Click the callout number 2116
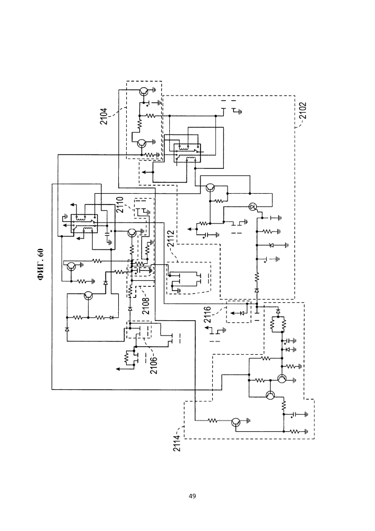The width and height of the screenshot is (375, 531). click(x=208, y=314)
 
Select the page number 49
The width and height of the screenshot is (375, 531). click(x=192, y=496)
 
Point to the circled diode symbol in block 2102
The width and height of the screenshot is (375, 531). click(x=253, y=207)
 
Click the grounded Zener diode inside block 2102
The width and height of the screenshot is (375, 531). click(x=272, y=245)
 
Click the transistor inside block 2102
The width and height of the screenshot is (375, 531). click(x=212, y=187)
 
